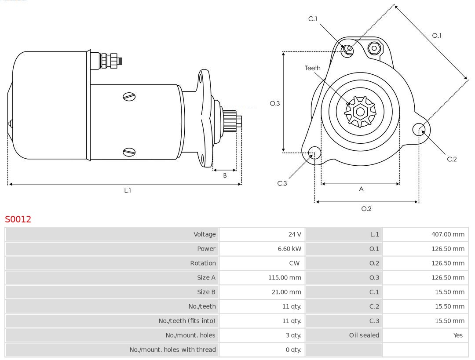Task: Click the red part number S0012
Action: click(x=18, y=219)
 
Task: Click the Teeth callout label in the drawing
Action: click(x=313, y=68)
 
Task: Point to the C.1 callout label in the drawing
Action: click(x=313, y=19)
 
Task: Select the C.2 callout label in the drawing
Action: click(x=452, y=159)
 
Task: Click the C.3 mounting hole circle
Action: click(x=314, y=153)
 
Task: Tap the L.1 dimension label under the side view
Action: click(x=128, y=191)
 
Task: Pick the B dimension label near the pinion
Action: click(x=225, y=175)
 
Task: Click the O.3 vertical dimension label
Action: click(x=275, y=104)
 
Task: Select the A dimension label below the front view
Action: click(x=361, y=189)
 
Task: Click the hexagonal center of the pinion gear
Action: click(x=360, y=112)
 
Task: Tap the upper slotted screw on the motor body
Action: click(x=129, y=97)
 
